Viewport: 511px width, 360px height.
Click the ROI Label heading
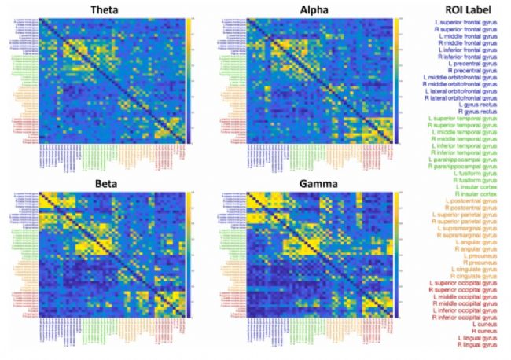[x=465, y=10]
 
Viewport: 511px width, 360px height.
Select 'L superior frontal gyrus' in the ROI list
[x=465, y=22]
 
